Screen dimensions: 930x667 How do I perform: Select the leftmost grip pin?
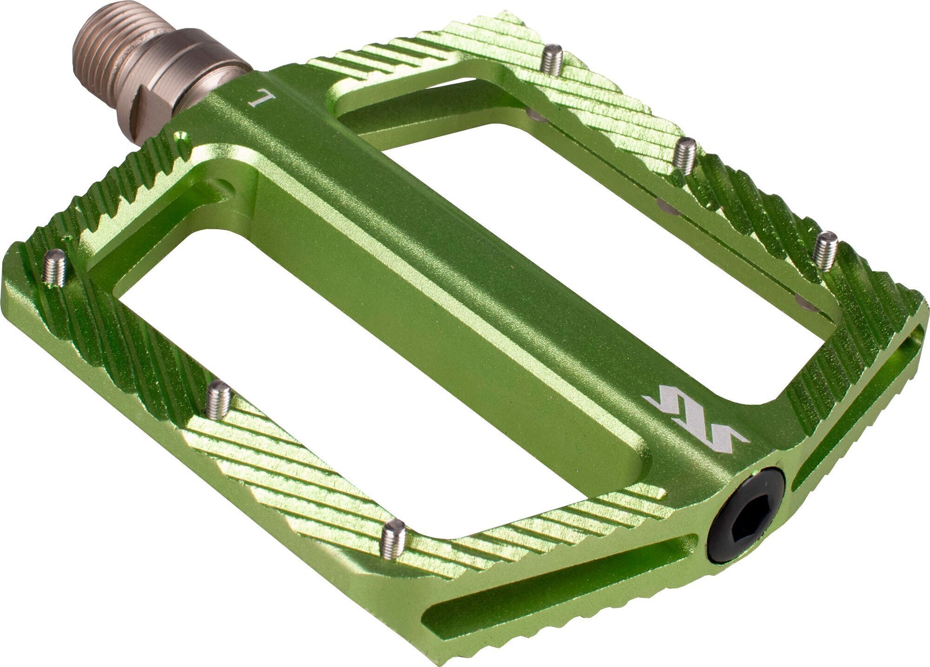pos(55,267)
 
